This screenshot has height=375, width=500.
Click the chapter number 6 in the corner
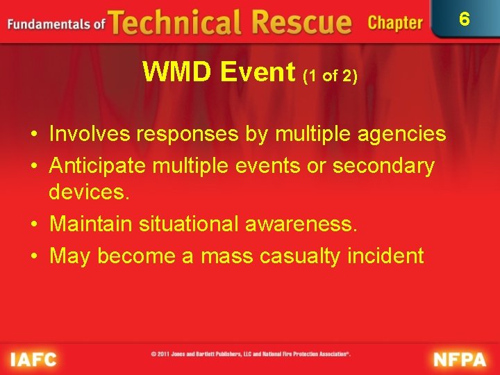[465, 19]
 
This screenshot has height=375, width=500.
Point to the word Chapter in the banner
[394, 23]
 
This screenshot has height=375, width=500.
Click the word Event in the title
[262, 72]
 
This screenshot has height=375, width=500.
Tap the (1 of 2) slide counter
[331, 74]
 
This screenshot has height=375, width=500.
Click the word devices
[89, 192]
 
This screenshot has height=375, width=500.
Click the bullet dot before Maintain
[35, 224]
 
